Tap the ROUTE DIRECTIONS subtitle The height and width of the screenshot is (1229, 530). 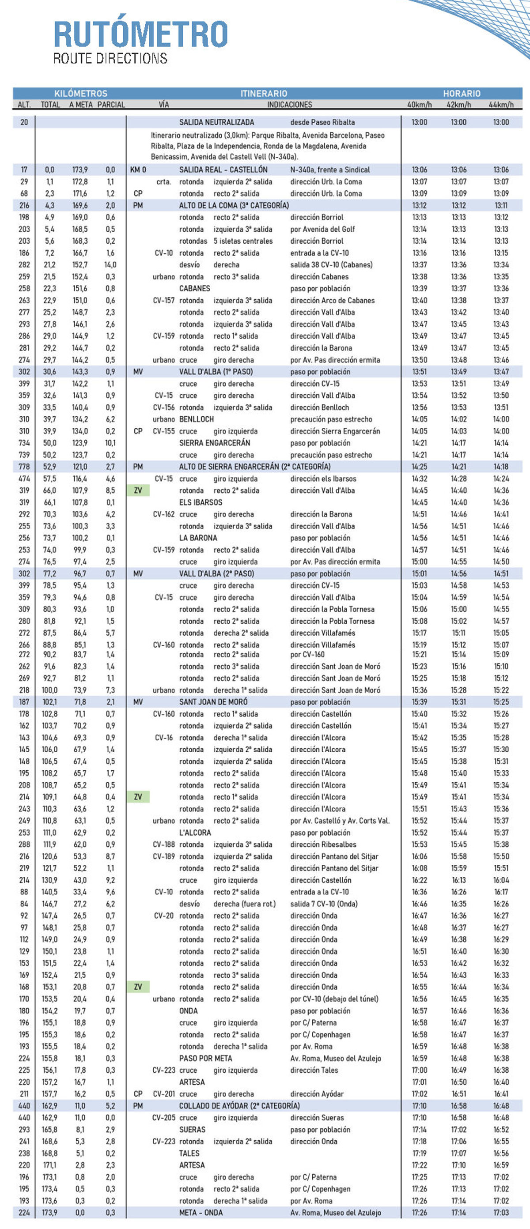110,59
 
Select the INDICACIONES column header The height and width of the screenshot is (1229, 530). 289,105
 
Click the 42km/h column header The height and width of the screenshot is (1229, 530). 458,105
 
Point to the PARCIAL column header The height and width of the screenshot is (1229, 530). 111,105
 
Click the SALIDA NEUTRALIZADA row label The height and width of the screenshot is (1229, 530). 216,122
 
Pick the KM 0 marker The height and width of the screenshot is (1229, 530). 138,170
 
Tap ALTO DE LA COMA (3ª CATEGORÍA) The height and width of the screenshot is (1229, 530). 234,205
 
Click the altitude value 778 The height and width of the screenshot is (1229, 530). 24,467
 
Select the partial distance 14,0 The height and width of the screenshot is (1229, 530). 110,265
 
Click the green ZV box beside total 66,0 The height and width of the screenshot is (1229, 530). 138,490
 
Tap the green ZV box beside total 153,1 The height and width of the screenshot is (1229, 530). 138,987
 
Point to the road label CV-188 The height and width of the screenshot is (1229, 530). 164,844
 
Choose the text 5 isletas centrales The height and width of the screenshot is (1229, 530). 243,241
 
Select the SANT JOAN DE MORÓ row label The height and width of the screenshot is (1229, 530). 213,702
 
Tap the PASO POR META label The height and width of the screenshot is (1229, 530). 205,1058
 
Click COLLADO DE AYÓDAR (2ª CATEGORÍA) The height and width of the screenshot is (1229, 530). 239,1105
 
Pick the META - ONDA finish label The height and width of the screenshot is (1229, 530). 207,1212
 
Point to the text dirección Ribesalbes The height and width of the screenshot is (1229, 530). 323,844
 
